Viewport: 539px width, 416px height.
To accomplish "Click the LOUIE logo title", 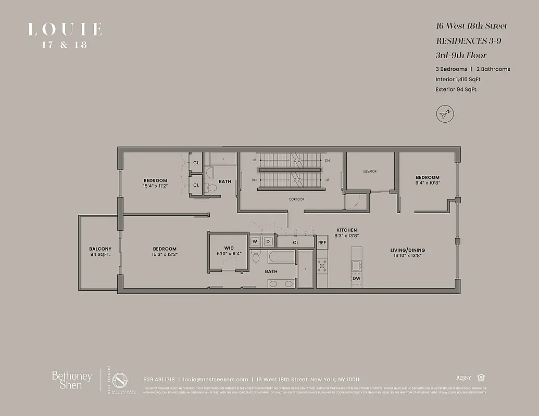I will point(65,29).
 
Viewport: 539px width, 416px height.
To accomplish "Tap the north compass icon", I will point(445,113).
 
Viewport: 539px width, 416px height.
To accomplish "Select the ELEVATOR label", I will point(370,171).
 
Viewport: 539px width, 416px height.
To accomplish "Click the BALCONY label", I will point(100,249).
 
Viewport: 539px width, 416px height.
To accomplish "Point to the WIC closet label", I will point(229,248).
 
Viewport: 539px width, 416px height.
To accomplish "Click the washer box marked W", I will point(255,242).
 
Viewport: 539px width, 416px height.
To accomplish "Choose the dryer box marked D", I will point(268,242).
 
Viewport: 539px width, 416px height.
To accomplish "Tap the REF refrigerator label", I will point(322,242).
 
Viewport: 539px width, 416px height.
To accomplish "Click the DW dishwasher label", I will point(356,279).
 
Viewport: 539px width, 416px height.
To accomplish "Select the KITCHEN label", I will point(346,230).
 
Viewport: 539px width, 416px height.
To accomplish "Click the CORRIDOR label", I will point(296,199).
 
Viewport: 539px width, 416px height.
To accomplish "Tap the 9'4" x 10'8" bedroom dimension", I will point(427,183).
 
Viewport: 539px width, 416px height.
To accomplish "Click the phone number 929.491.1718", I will point(159,379).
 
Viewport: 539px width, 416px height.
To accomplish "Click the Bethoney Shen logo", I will point(72,380).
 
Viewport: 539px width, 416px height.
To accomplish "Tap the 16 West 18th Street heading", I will point(471,26).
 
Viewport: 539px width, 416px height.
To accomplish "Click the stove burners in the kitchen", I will point(322,265).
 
